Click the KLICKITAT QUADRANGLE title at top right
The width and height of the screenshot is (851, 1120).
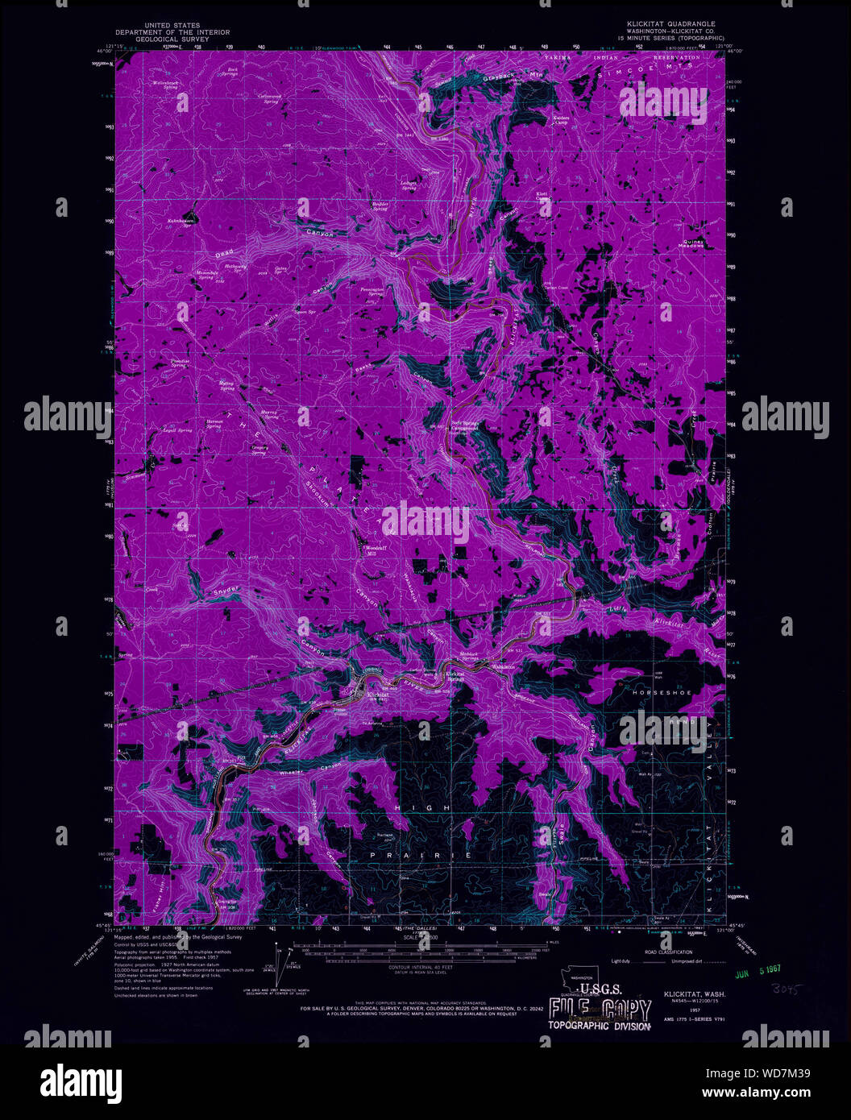(x=663, y=23)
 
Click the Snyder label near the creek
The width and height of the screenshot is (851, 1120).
(x=228, y=592)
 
